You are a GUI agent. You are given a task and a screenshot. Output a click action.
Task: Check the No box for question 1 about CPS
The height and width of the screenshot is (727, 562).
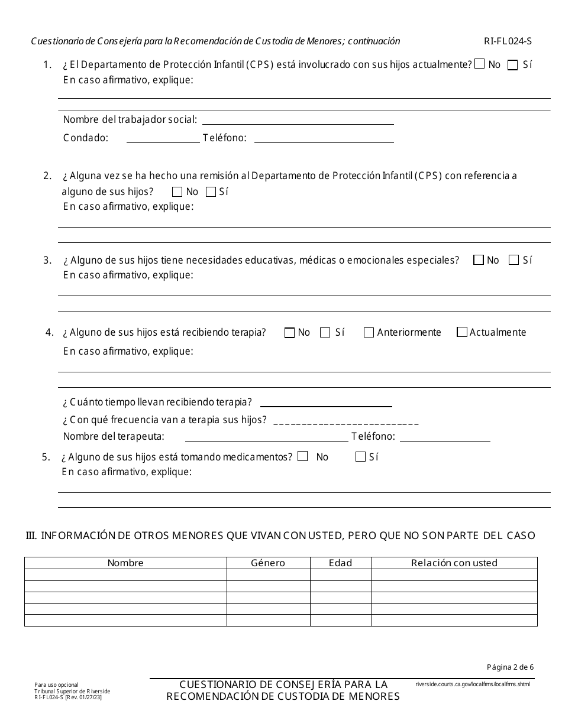480,64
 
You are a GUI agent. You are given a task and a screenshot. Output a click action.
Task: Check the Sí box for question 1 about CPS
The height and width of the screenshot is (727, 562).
513,64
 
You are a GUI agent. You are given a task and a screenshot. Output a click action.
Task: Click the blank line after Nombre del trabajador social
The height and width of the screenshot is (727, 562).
298,120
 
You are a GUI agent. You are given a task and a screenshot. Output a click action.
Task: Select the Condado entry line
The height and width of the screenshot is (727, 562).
163,138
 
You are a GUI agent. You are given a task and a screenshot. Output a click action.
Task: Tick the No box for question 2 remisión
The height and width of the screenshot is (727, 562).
177,192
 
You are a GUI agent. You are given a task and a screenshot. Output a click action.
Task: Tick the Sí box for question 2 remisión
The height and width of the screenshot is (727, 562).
211,192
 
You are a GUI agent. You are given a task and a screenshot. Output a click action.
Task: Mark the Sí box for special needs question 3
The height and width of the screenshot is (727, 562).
514,260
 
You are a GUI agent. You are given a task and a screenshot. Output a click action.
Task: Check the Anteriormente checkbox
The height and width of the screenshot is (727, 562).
369,333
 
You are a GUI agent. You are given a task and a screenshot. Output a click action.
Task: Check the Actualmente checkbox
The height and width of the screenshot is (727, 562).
462,332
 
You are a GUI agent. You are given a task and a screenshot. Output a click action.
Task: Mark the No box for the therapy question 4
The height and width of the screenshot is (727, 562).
289,333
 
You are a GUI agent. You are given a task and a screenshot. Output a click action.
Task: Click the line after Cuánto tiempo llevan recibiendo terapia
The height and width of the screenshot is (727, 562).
326,403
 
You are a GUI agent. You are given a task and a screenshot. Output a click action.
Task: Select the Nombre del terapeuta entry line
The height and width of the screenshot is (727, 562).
266,437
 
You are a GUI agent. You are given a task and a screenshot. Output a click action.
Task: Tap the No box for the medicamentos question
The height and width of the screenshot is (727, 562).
303,456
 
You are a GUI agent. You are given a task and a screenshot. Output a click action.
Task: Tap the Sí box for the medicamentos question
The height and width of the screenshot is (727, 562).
360,456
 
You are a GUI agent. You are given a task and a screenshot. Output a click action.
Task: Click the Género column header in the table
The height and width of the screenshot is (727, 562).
268,563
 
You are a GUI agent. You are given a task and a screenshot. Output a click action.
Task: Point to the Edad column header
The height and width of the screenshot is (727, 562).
340,563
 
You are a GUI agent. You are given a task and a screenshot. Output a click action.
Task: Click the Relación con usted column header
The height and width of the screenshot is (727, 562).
454,563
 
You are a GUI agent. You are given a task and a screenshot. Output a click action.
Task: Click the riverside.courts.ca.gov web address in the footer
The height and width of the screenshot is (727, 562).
473,684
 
